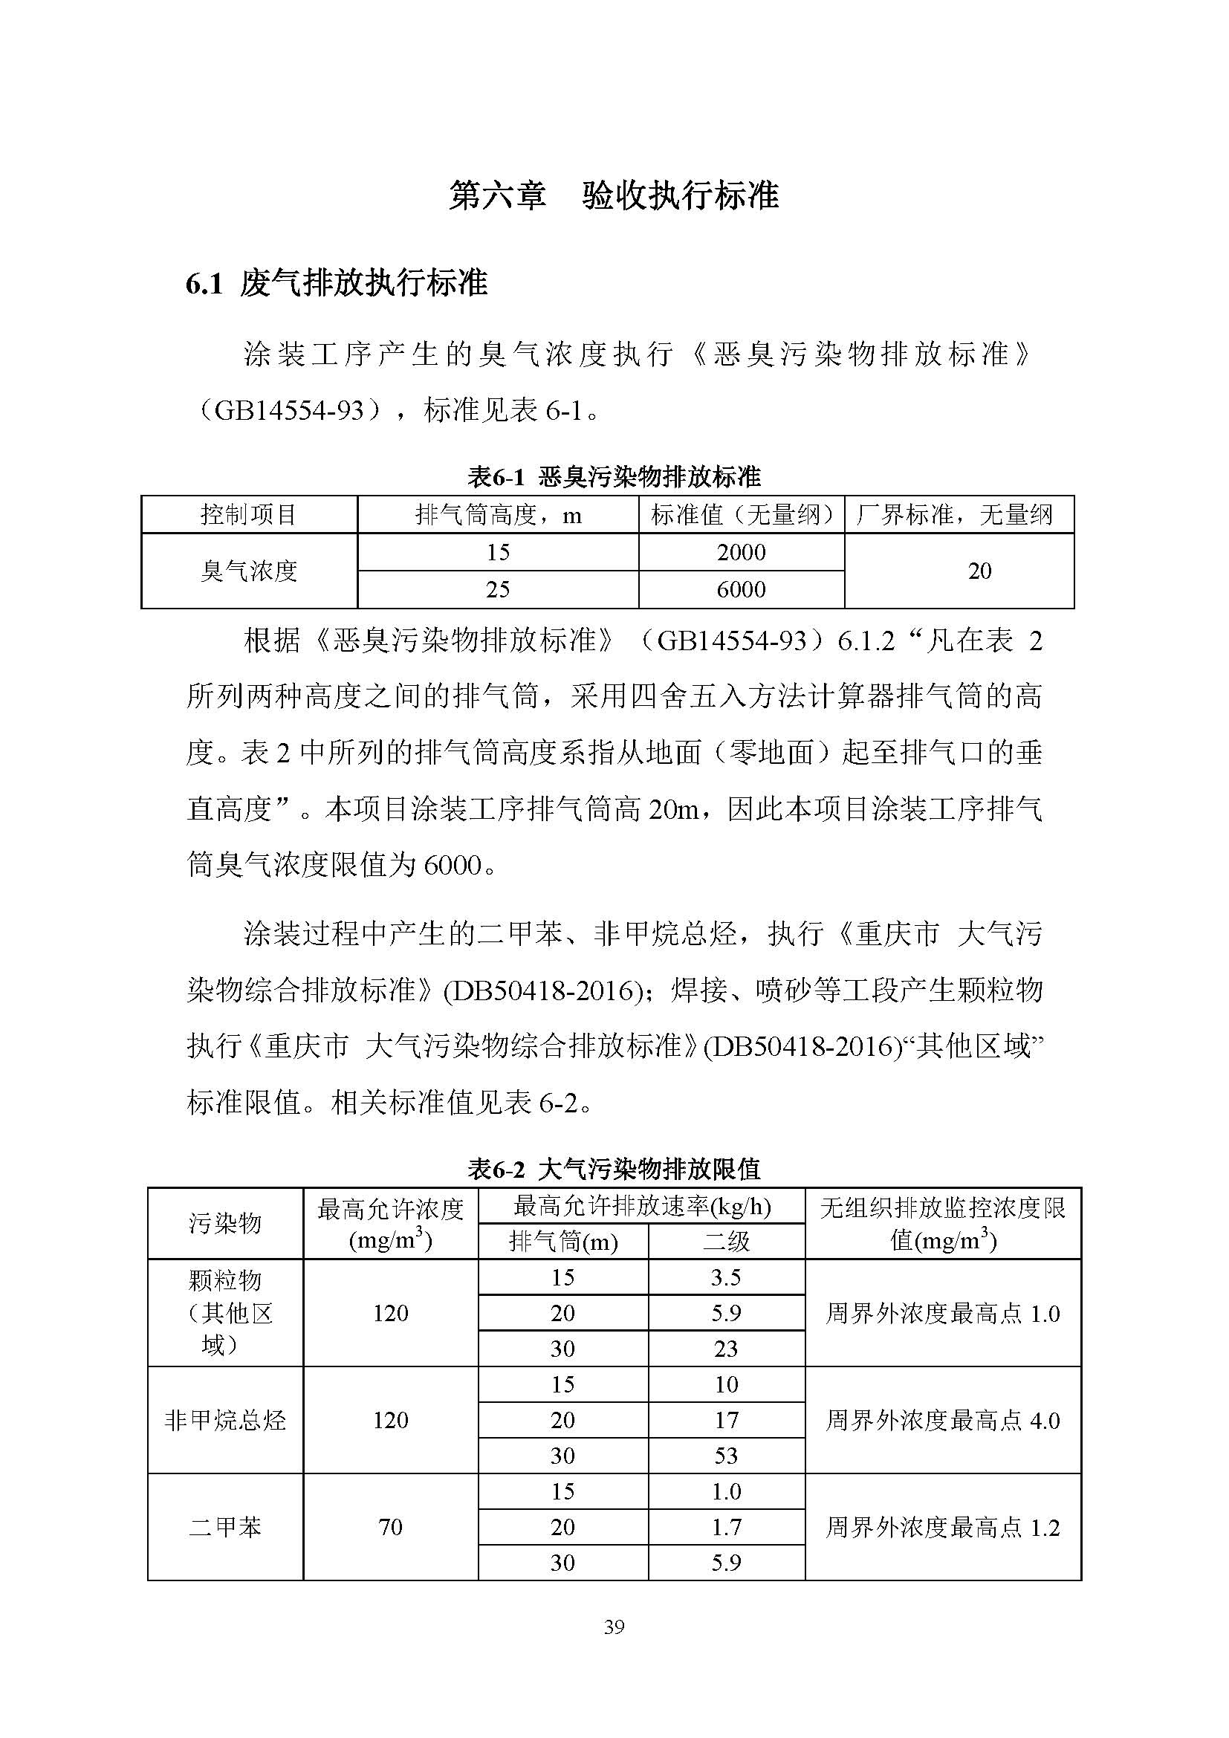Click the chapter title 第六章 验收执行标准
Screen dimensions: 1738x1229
point(614,195)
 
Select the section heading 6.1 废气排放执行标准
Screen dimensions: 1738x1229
point(337,284)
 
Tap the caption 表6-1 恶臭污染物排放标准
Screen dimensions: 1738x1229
point(614,477)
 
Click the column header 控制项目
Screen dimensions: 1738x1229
point(248,515)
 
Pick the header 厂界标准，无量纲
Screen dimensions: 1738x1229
point(958,515)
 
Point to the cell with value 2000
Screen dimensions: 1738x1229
point(741,552)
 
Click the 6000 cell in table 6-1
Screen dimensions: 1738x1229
point(741,589)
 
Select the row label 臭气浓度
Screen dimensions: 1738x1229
point(248,571)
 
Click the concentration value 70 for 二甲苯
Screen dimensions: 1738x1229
point(391,1527)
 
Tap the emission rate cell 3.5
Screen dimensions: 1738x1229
point(726,1278)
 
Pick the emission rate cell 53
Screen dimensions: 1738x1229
point(726,1456)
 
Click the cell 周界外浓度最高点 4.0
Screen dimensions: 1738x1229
point(942,1420)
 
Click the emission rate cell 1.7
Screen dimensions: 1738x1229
point(726,1527)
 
